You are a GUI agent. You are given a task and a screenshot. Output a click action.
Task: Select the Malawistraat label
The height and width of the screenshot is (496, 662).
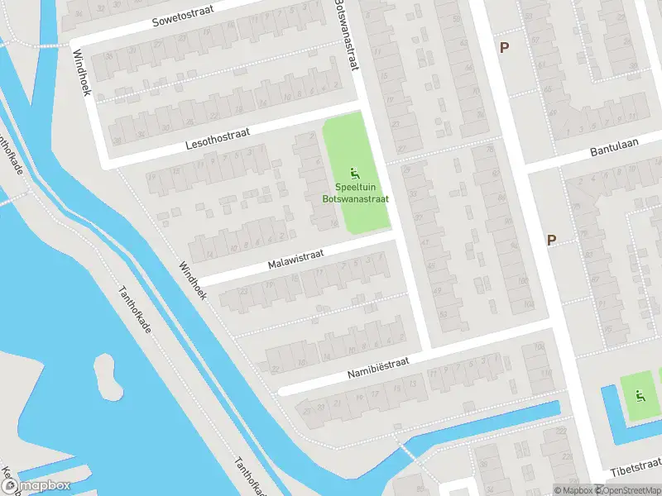point(295,259)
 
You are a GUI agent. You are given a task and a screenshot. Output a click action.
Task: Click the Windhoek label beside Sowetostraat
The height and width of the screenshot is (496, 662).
point(81,72)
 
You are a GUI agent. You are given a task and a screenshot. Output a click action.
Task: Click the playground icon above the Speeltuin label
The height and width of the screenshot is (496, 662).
point(355,174)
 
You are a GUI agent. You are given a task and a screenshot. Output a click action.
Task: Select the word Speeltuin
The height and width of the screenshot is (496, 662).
point(355,188)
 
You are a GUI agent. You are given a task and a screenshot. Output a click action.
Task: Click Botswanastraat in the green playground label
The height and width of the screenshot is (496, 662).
point(355,198)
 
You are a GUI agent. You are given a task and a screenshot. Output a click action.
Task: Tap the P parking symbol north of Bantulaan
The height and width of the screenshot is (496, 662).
point(504,47)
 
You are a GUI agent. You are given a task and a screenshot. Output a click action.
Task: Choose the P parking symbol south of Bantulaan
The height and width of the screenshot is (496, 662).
point(551,240)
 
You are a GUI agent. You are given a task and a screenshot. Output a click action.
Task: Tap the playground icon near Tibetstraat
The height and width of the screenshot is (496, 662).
point(638,394)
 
